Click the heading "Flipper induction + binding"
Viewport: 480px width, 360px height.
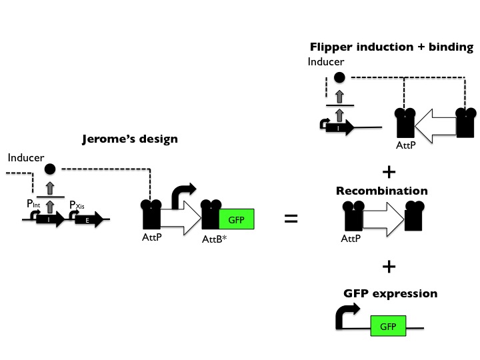point(391,47)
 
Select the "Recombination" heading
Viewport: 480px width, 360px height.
point(381,191)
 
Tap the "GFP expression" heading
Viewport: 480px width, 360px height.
point(381,293)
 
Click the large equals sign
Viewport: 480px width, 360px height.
point(291,218)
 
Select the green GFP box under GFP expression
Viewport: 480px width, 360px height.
point(387,327)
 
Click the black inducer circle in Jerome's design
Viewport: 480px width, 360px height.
point(49,169)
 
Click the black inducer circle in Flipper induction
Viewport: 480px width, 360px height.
point(339,77)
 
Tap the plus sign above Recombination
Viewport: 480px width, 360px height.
point(387,171)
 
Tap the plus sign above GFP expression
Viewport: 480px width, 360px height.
point(387,267)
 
